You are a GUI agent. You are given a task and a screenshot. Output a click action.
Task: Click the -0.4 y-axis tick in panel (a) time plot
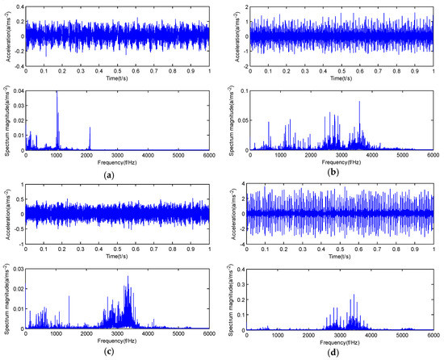(x=16, y=65)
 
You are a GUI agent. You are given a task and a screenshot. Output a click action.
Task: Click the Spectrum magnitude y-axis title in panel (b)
(x=232, y=119)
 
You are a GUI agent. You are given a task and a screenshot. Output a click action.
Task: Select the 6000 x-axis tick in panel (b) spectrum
(x=433, y=156)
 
